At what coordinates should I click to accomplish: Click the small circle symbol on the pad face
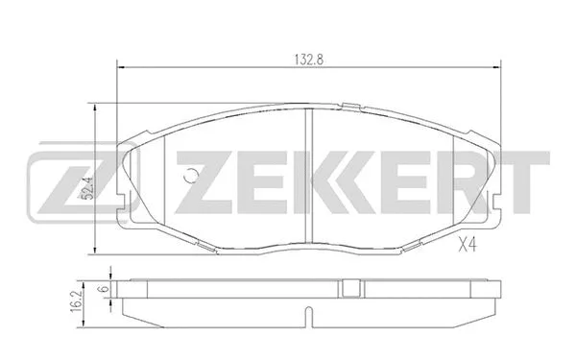pos(190,176)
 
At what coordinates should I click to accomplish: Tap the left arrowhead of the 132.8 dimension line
pos(119,66)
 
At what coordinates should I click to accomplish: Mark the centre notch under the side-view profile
pos(306,316)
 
